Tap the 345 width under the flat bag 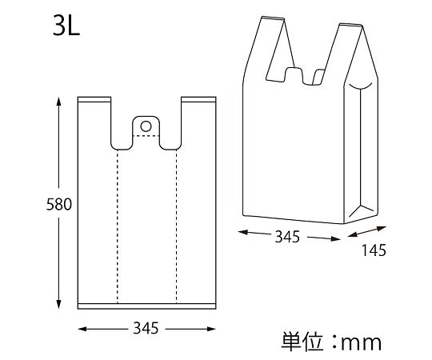click(x=146, y=328)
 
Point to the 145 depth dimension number click(x=374, y=250)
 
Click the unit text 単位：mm click(x=331, y=342)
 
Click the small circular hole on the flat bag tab click(x=146, y=126)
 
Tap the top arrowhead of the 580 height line click(x=58, y=102)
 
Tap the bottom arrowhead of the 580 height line click(x=58, y=307)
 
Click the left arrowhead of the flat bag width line click(x=81, y=328)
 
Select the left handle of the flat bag click(x=95, y=120)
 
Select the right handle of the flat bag click(x=198, y=120)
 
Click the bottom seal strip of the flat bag click(x=146, y=305)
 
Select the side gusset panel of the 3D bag click(x=361, y=152)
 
